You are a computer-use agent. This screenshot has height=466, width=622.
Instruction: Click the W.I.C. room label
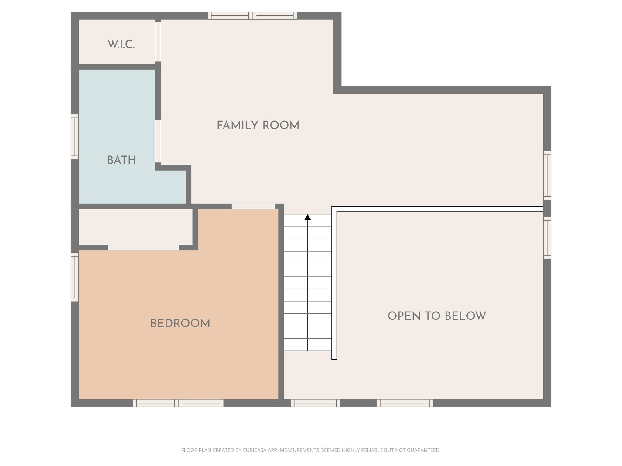click(121, 45)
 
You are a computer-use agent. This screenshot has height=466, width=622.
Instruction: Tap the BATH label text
click(121, 160)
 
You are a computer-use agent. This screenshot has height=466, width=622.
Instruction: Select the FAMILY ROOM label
click(258, 125)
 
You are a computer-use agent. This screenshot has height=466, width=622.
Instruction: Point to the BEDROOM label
click(180, 323)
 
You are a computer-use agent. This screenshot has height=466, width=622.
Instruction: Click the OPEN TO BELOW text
click(437, 316)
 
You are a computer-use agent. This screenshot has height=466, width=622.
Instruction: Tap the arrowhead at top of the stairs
click(308, 217)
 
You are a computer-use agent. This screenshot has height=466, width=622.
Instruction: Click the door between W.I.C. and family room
click(158, 42)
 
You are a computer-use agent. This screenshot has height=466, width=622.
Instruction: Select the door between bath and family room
click(158, 141)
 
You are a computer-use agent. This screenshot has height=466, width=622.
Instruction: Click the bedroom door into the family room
click(253, 206)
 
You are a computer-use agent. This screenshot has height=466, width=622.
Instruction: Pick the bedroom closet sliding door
click(143, 248)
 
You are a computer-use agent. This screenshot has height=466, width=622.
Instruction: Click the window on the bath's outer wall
click(75, 137)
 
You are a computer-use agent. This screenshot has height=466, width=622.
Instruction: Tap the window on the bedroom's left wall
click(75, 277)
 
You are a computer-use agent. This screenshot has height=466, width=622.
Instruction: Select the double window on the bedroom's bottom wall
click(178, 403)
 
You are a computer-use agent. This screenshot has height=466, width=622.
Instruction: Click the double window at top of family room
click(252, 15)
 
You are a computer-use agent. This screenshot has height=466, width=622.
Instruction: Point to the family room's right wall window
click(547, 176)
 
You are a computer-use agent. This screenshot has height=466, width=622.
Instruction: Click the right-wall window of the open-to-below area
click(547, 238)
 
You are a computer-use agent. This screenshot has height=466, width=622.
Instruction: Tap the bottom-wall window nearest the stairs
click(315, 403)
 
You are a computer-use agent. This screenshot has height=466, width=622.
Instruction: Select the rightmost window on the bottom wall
click(405, 403)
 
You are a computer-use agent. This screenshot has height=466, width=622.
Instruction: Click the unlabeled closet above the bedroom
click(135, 227)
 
